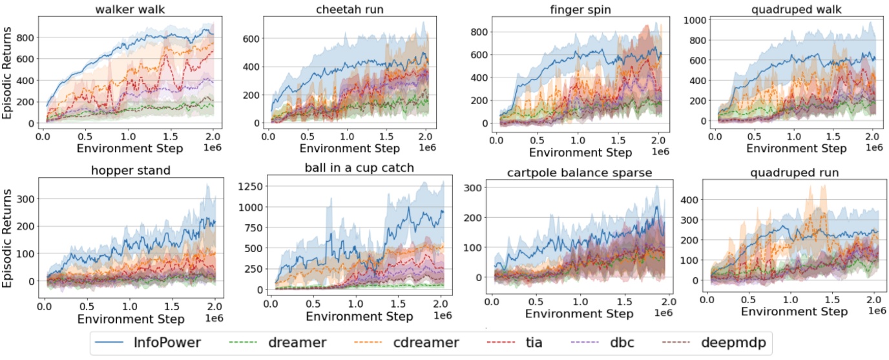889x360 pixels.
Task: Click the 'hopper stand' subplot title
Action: click(x=128, y=171)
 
